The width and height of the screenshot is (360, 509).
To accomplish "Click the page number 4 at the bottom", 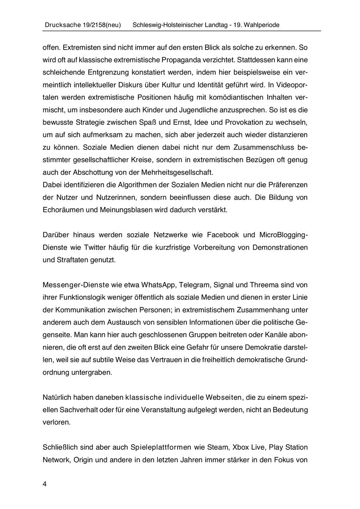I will coord(44,484).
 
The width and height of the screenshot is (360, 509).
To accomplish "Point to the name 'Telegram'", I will coord(195,285).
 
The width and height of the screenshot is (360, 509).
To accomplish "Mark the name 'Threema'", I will coord(262,285).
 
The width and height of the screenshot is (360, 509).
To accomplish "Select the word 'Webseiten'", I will coord(224,397).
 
